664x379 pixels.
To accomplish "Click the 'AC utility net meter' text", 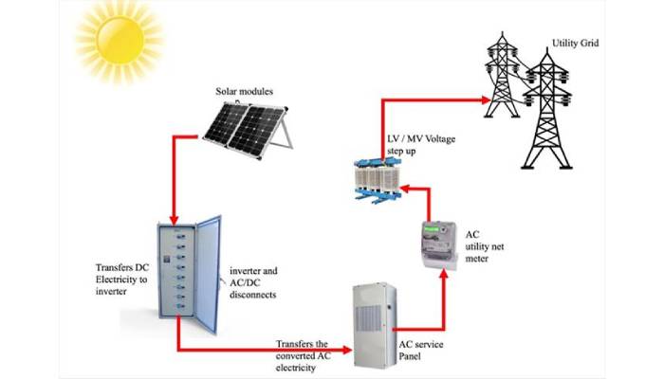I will point(483,245).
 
